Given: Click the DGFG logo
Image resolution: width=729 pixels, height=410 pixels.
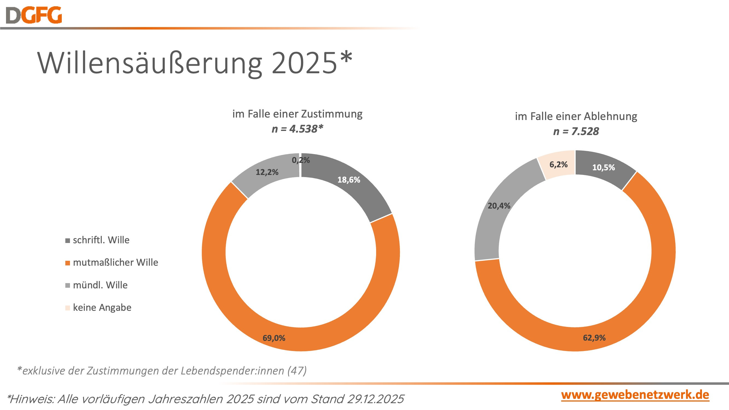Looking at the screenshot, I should [34, 15].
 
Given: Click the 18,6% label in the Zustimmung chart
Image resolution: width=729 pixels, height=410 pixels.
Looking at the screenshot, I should [349, 180].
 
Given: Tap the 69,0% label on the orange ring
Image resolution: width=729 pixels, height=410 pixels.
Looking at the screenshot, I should [274, 338].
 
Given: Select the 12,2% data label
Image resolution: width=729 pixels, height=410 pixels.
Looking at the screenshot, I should [267, 172].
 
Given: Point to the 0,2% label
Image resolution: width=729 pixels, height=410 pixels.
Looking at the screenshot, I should [301, 160].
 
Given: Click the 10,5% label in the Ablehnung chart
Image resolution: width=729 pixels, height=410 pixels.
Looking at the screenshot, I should [603, 168].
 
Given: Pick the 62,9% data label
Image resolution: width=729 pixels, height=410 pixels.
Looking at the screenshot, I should [594, 338].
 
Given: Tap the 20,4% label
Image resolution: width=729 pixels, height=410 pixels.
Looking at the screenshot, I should [499, 206].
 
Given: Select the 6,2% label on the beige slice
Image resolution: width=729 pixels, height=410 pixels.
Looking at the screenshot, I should [558, 164].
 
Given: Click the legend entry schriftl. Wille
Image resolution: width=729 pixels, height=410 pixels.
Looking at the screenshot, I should [101, 240].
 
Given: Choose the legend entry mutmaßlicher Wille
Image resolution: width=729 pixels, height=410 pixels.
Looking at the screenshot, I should [115, 262].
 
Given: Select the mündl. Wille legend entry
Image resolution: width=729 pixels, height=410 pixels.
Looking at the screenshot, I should [100, 285].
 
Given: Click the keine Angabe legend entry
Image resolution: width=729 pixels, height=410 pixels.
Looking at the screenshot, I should [102, 307].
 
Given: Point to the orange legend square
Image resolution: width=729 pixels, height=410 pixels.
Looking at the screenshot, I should [68, 263].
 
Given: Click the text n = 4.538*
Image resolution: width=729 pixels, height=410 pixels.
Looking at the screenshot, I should [297, 129].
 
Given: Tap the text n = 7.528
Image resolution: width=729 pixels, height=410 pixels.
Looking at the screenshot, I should [576, 131].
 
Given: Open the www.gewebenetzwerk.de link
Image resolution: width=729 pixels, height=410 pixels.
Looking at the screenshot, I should [635, 395].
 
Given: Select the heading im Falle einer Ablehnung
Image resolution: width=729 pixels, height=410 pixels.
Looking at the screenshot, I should [576, 116].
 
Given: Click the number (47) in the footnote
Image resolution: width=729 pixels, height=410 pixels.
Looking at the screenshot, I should [297, 370].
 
